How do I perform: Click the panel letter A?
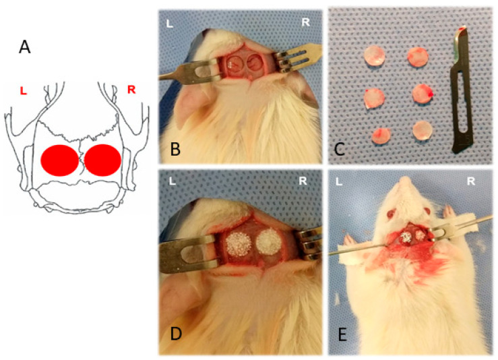point(25,47)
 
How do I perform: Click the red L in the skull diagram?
point(23,91)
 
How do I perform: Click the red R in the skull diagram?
point(131,90)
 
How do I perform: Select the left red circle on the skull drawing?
point(60,160)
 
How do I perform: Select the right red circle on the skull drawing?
point(102,160)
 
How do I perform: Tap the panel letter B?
point(176,149)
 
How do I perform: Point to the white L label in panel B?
point(170,24)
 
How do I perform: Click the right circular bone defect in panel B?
point(254,61)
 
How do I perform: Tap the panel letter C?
point(339,149)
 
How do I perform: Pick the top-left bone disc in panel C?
point(375,55)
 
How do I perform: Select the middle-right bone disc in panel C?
point(423,94)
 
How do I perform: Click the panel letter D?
point(176,334)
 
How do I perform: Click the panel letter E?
point(342,334)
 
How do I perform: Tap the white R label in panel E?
point(470,181)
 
